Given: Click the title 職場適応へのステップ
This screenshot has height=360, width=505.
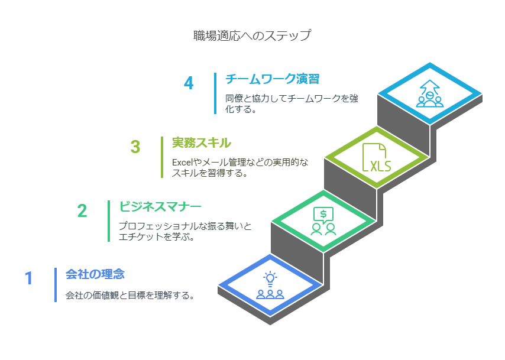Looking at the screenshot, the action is pos(252,35).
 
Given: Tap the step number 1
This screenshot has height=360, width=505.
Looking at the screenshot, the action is pos(29,278).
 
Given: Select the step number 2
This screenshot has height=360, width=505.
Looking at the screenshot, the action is pos(82,211).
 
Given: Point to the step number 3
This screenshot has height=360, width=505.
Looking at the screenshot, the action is pos(135,147).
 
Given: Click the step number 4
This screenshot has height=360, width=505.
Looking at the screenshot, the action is pos(189,83).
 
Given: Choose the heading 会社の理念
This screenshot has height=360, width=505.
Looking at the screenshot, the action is pos(95,274).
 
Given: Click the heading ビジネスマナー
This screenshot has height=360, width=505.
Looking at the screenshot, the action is pos(160,206).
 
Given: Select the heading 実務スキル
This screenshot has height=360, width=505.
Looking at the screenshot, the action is pos(201,142).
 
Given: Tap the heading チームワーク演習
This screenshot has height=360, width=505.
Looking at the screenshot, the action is pos(272,79).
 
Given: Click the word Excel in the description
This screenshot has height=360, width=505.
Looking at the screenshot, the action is pos(182,162).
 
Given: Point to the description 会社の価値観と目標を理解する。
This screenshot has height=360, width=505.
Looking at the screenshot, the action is pos(130,295).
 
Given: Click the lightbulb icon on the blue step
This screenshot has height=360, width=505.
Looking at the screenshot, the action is pos(270,278).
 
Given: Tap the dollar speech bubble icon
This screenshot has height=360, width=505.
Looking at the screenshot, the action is pos(323,215).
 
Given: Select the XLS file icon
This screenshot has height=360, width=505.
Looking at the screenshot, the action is pos(376,157).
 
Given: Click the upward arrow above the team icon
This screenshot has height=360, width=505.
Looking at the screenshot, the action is pos(430,87).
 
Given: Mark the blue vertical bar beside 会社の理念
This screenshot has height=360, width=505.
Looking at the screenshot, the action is pos(56,285).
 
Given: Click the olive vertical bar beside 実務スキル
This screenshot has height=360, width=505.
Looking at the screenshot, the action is pos(162,157).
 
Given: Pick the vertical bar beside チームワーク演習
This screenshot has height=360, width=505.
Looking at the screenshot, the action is pos(215,93).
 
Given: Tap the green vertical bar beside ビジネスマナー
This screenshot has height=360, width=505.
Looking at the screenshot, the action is pos(109,221).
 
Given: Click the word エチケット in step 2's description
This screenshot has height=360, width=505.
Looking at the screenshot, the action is pos(141,236).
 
